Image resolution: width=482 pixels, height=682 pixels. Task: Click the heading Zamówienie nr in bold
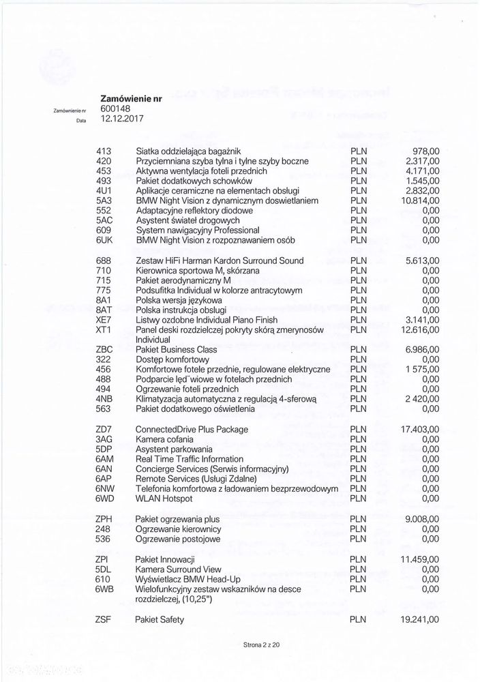[131, 98]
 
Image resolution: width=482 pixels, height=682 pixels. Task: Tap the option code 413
[104, 151]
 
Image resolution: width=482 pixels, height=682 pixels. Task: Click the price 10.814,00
[421, 201]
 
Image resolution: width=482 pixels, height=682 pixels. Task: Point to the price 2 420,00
[423, 400]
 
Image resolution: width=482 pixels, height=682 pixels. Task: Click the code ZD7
[105, 430]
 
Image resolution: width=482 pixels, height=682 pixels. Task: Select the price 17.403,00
[421, 430]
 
